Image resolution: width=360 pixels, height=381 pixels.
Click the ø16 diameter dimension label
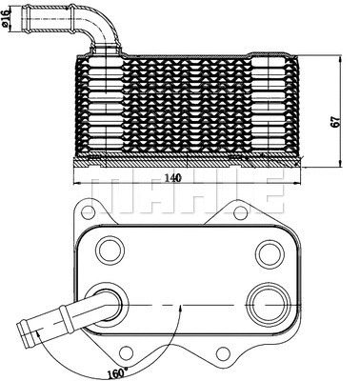(x=10, y=18)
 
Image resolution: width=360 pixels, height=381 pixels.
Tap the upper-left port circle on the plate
(x=110, y=251)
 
